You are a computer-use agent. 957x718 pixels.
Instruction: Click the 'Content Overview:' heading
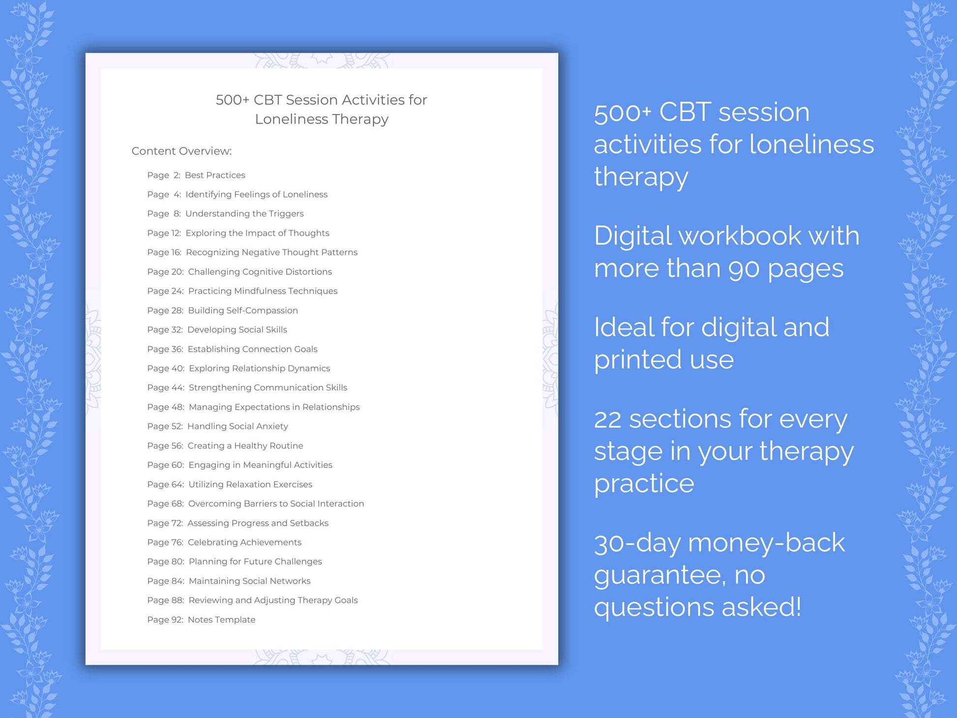tap(181, 151)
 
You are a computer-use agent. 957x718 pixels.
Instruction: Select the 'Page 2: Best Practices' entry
tap(196, 175)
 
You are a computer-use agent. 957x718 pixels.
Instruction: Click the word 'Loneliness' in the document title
tap(291, 119)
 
